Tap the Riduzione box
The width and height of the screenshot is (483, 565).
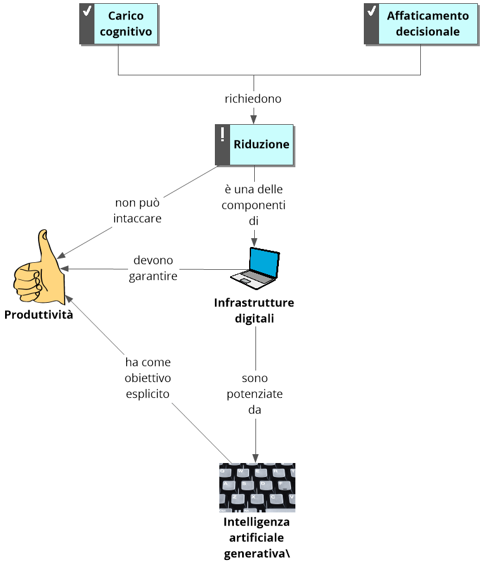click(x=261, y=144)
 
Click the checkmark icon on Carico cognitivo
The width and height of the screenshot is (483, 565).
click(x=87, y=11)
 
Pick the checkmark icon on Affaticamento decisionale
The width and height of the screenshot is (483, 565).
click(x=371, y=11)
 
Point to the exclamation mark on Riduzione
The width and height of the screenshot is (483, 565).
click(x=222, y=134)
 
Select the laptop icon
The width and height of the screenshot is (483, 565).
click(x=255, y=265)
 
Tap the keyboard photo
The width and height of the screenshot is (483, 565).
click(x=257, y=487)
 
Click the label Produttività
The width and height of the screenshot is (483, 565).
click(x=38, y=315)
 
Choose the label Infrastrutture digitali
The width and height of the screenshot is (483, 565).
click(x=254, y=310)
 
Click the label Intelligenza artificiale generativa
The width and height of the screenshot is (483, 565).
click(x=257, y=538)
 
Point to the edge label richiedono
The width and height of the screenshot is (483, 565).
click(x=253, y=99)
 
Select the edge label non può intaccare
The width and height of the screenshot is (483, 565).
click(x=138, y=211)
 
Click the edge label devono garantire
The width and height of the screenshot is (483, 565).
click(x=153, y=268)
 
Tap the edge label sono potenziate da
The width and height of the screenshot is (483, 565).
click(x=255, y=394)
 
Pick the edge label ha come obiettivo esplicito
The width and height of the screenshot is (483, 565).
click(x=148, y=378)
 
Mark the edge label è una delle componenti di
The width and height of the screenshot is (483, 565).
click(x=254, y=205)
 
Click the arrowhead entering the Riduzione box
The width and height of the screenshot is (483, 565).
click(x=254, y=119)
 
